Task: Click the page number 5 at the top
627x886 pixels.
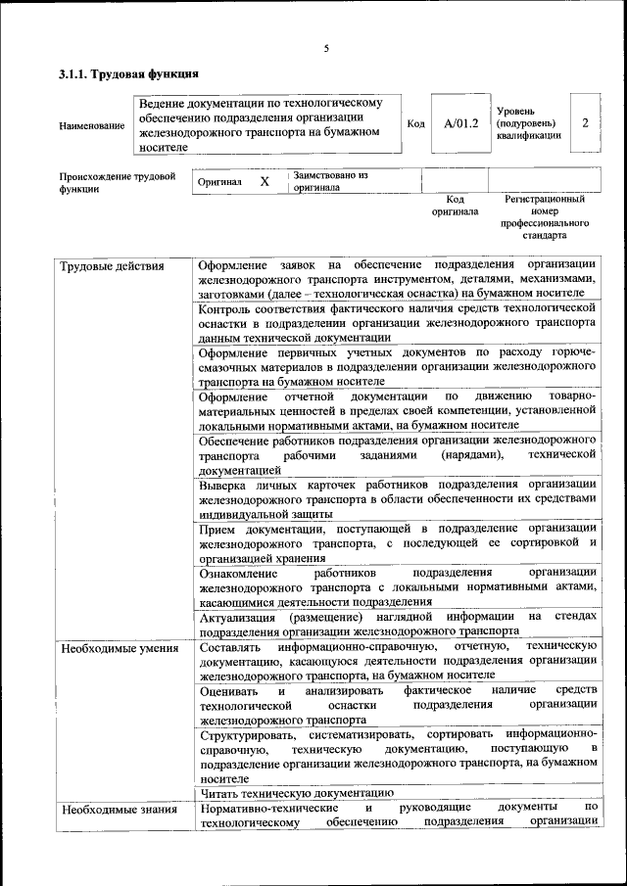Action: [326, 48]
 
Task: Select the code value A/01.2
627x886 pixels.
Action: [460, 123]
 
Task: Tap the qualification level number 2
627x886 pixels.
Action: [585, 123]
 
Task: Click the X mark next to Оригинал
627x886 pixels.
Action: [265, 181]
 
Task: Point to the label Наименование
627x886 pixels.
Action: [92, 125]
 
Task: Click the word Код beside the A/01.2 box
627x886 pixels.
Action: [415, 124]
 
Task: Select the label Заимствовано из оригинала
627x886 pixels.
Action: [329, 181]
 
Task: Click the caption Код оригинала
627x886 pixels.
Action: [455, 205]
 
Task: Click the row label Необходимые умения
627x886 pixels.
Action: [119, 648]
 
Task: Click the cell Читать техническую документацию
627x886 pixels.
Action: [296, 793]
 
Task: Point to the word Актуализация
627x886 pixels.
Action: [235, 617]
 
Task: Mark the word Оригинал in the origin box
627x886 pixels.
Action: [219, 182]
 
